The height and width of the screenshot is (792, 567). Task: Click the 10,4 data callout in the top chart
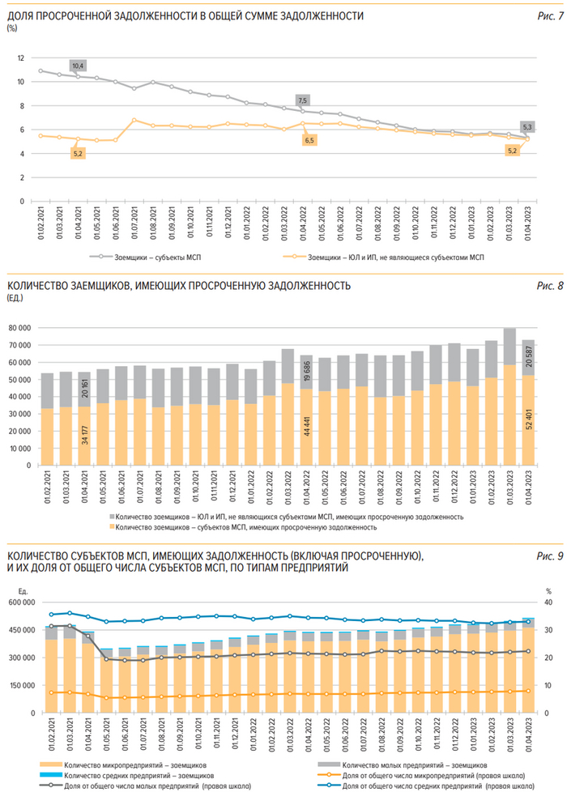pos(79,65)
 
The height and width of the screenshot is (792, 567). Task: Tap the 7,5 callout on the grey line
pos(303,100)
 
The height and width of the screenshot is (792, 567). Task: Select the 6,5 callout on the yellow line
pos(309,140)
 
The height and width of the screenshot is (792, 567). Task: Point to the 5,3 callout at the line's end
pos(527,127)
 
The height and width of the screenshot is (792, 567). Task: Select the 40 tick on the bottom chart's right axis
pos(548,603)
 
